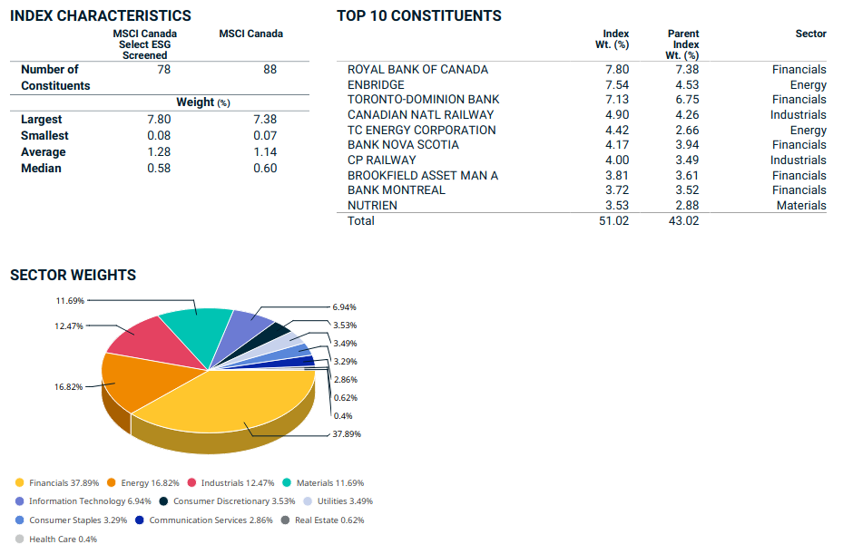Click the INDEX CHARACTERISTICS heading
click(x=101, y=15)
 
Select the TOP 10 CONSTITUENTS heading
click(x=418, y=15)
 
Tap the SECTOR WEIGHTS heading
click(x=73, y=275)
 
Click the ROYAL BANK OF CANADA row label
click(x=417, y=70)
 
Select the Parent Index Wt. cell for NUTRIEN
click(x=685, y=205)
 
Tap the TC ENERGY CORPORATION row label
click(x=421, y=130)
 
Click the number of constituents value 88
click(x=270, y=69)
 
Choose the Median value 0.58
click(x=159, y=168)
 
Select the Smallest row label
click(x=45, y=135)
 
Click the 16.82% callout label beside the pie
click(x=68, y=386)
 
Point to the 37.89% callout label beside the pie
click(x=347, y=433)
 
